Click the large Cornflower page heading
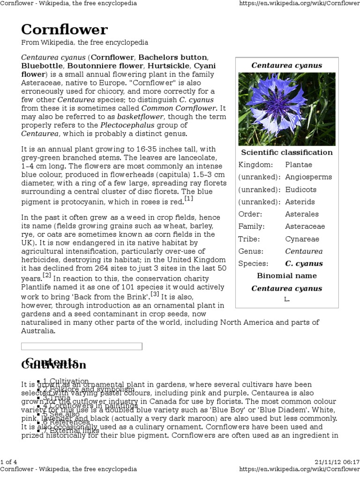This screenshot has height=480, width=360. [x=64, y=30]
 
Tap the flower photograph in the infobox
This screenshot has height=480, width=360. [x=286, y=109]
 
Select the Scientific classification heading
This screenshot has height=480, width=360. [x=286, y=152]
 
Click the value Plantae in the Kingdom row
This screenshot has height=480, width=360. [x=299, y=165]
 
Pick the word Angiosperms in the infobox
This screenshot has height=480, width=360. [x=308, y=177]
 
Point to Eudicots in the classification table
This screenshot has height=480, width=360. [x=300, y=189]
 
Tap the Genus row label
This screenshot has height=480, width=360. [x=251, y=251]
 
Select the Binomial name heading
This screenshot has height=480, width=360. [x=286, y=276]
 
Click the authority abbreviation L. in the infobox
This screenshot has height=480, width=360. [x=286, y=299]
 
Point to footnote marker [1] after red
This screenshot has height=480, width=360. [x=189, y=199]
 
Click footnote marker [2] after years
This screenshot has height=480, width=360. [x=47, y=275]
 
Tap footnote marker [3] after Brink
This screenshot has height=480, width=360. [x=155, y=294]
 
